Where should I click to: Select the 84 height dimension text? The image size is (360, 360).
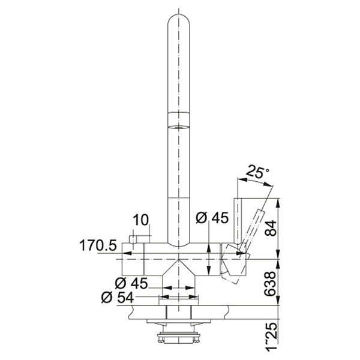[271, 228]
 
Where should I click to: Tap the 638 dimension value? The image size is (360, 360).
[270, 284]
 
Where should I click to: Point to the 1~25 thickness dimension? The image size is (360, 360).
[271, 337]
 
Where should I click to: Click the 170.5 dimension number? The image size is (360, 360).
[98, 245]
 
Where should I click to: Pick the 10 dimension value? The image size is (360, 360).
[141, 220]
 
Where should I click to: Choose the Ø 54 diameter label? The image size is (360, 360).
[118, 298]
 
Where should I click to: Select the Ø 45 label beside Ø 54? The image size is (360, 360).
[131, 283]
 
